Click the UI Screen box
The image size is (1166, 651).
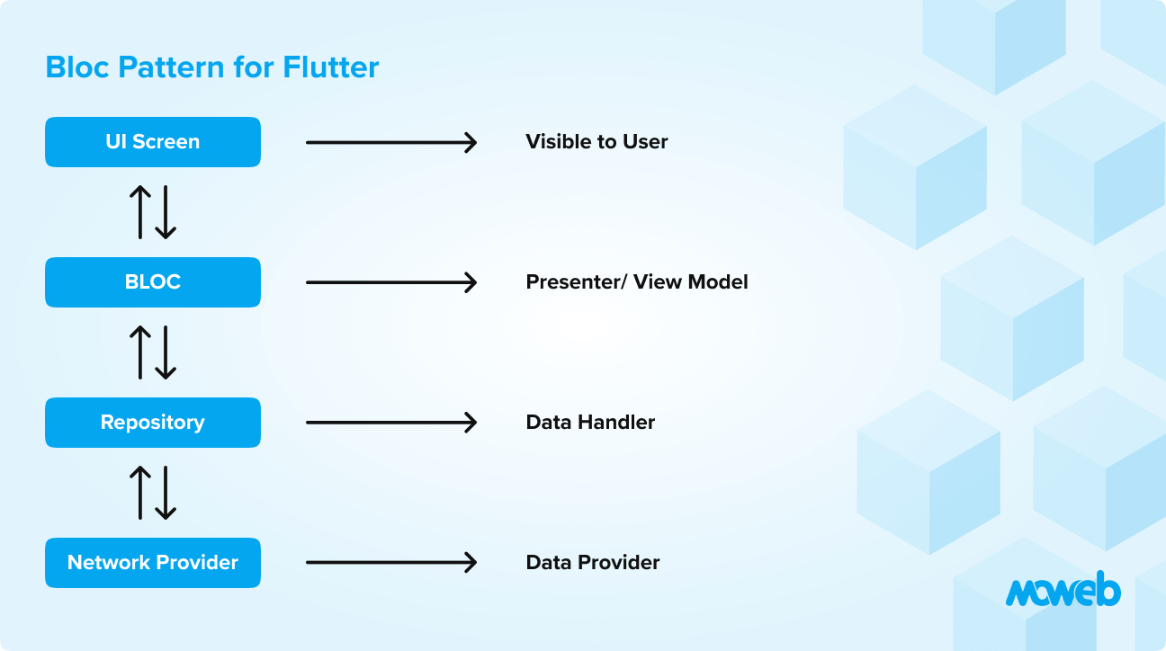click(153, 142)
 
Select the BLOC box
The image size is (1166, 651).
click(153, 282)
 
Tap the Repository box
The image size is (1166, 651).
click(153, 423)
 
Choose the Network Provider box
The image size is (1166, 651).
click(153, 563)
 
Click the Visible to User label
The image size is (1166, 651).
click(596, 142)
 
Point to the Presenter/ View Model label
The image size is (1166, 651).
click(636, 282)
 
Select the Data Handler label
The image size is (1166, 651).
click(590, 423)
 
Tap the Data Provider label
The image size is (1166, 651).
click(592, 563)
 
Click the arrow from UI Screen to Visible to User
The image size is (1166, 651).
click(390, 142)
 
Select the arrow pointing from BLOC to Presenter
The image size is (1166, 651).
click(390, 282)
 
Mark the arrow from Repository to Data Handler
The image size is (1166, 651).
click(390, 423)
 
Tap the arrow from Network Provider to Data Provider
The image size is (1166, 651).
click(390, 563)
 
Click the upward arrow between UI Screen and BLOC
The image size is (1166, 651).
click(140, 212)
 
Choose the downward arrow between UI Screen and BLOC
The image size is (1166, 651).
click(166, 212)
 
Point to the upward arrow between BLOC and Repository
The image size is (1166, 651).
click(140, 352)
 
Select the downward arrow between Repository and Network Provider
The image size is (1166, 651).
click(166, 493)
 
